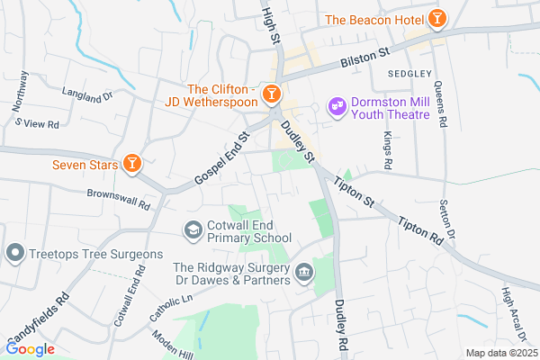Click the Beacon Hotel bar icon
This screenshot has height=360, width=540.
(x=436, y=18)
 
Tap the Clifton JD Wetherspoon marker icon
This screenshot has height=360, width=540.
(x=271, y=94)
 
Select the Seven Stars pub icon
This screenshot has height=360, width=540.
(x=132, y=162)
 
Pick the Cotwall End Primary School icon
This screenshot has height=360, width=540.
(x=193, y=231)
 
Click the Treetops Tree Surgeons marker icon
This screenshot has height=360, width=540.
(x=14, y=255)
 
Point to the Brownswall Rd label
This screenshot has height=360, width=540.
(x=118, y=198)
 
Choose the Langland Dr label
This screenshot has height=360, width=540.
(x=87, y=93)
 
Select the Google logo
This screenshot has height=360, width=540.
(x=30, y=348)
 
